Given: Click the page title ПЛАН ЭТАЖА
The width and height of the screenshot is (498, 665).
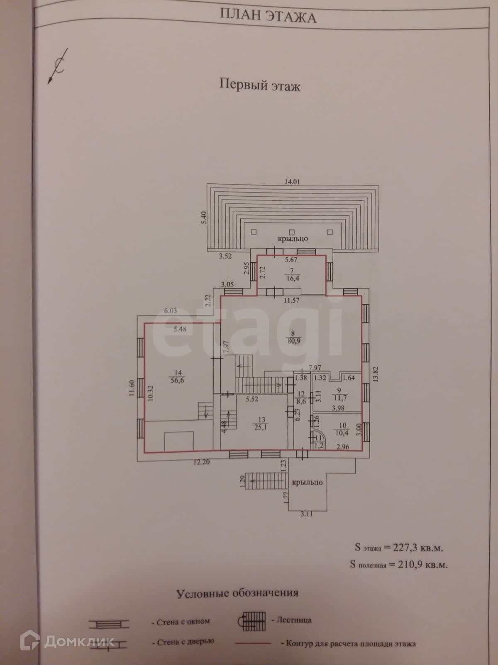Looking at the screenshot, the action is point(267,17).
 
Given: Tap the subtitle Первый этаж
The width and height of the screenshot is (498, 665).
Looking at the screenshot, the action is point(260,86).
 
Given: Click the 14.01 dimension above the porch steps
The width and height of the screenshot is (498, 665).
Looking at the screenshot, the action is point(292,181).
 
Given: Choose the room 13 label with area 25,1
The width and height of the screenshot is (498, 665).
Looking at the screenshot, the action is point(261,424).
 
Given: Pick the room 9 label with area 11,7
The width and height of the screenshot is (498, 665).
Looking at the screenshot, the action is point(339,394).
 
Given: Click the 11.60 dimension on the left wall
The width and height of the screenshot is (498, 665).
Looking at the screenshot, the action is point(131,389).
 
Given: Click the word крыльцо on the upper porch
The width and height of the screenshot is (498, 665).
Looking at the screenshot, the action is point(293,239).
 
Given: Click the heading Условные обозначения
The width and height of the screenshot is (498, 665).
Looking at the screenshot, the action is point(237,593).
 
